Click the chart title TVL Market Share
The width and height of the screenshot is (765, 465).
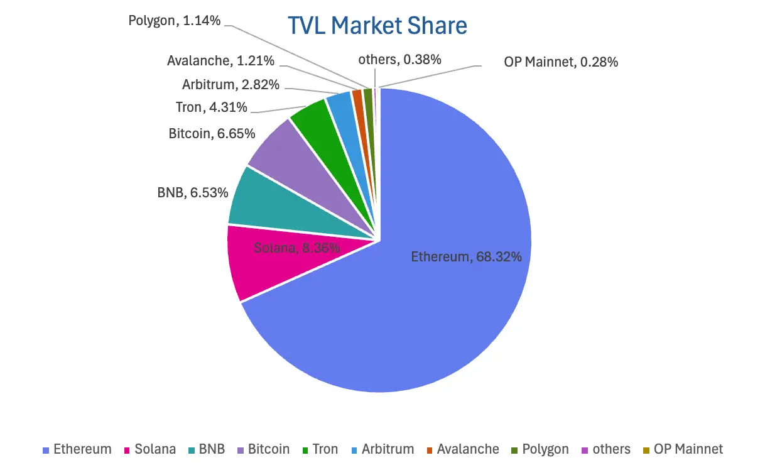377,26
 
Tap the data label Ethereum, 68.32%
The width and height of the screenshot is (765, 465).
467,256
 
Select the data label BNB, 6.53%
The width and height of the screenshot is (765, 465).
192,193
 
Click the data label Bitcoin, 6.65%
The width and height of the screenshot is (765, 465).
212,133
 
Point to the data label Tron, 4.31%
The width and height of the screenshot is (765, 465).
212,107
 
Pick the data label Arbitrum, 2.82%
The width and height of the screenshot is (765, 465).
231,84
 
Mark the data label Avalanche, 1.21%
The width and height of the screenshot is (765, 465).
220,61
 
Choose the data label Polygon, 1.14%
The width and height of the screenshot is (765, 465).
175,21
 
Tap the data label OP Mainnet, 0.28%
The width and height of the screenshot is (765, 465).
561,62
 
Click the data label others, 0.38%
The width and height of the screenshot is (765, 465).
399,60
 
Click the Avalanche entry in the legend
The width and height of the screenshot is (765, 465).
462,449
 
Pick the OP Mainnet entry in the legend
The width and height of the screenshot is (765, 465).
682,449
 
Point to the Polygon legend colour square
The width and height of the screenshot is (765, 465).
514,450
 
